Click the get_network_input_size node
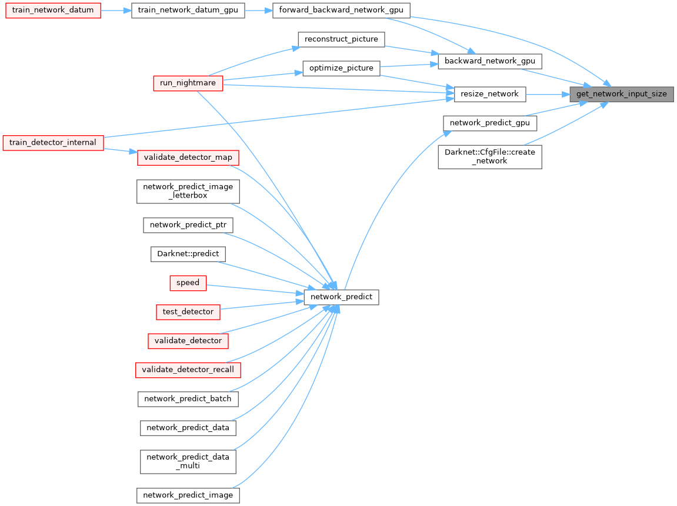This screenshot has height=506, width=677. tap(621, 94)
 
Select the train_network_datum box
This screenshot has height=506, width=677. tap(53, 11)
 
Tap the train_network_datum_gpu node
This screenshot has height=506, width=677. tap(188, 11)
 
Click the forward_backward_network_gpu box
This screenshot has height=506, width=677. tap(341, 11)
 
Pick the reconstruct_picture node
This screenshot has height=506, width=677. tap(341, 39)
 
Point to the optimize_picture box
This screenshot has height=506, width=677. tap(341, 68)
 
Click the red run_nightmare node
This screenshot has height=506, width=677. tap(188, 83)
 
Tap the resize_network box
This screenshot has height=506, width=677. tap(489, 94)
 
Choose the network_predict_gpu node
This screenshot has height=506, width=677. tap(489, 123)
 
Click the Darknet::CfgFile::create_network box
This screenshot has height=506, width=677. tap(489, 156)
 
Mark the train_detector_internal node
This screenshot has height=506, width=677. tap(53, 142)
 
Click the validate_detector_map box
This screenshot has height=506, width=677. tap(188, 158)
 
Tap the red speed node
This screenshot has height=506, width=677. tap(188, 283)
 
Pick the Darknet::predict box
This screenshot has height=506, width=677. tap(188, 254)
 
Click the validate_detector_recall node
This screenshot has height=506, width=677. tap(188, 370)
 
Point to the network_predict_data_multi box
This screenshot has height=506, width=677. tap(188, 461)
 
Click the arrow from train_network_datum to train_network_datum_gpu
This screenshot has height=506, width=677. tap(116, 11)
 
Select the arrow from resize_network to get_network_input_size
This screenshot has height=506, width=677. tap(547, 94)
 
